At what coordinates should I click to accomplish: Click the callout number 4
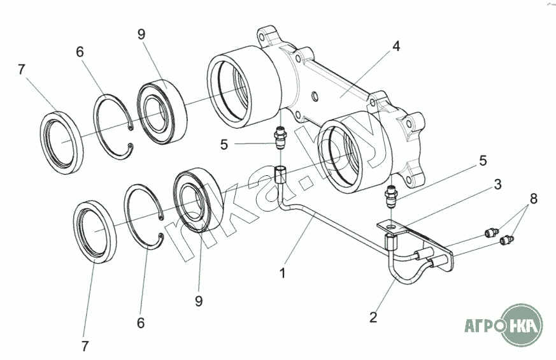point(396,46)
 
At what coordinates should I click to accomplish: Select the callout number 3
point(498,184)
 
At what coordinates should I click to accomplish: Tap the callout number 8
point(533,199)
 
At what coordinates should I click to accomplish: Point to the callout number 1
point(283,273)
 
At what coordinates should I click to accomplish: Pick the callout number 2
point(373,317)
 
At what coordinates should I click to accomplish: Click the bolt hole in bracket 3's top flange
point(391,226)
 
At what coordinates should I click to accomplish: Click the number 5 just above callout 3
point(483,161)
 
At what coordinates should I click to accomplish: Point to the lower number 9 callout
point(199,301)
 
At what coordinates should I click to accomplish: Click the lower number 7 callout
point(85,346)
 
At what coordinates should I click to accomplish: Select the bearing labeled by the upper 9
point(162,112)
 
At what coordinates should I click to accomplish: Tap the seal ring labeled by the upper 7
point(61,143)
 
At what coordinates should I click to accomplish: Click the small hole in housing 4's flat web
point(315,96)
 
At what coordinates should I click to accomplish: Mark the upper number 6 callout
point(80,52)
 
